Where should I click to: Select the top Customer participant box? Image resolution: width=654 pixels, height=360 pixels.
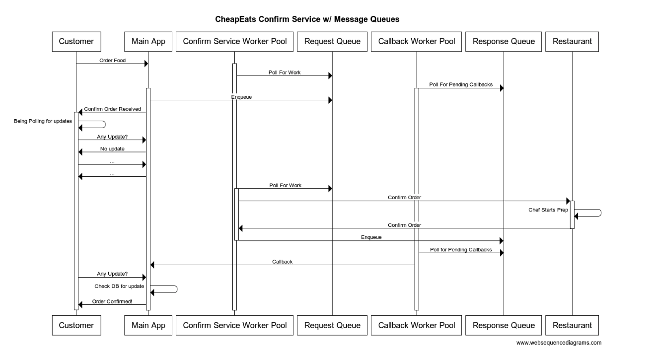[76, 42]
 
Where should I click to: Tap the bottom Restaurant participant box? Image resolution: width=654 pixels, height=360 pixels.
[572, 326]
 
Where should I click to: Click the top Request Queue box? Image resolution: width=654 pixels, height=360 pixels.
[332, 42]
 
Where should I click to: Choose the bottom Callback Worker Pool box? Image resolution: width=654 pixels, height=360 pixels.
[416, 326]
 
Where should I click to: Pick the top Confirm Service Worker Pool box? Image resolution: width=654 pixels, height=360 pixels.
[234, 42]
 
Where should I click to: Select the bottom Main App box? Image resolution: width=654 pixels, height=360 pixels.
[148, 326]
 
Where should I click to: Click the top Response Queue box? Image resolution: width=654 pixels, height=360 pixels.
[504, 42]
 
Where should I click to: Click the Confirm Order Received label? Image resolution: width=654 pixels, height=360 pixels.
[112, 109]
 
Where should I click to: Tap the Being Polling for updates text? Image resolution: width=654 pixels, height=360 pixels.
[43, 121]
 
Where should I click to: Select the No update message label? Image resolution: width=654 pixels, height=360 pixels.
[112, 148]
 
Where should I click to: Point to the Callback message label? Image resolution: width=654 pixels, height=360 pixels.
[282, 261]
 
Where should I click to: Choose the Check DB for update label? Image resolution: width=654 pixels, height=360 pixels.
[120, 286]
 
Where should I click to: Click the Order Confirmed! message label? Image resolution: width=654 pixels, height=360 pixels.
[112, 301]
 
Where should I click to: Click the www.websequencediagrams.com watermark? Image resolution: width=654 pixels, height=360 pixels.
[559, 343]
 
